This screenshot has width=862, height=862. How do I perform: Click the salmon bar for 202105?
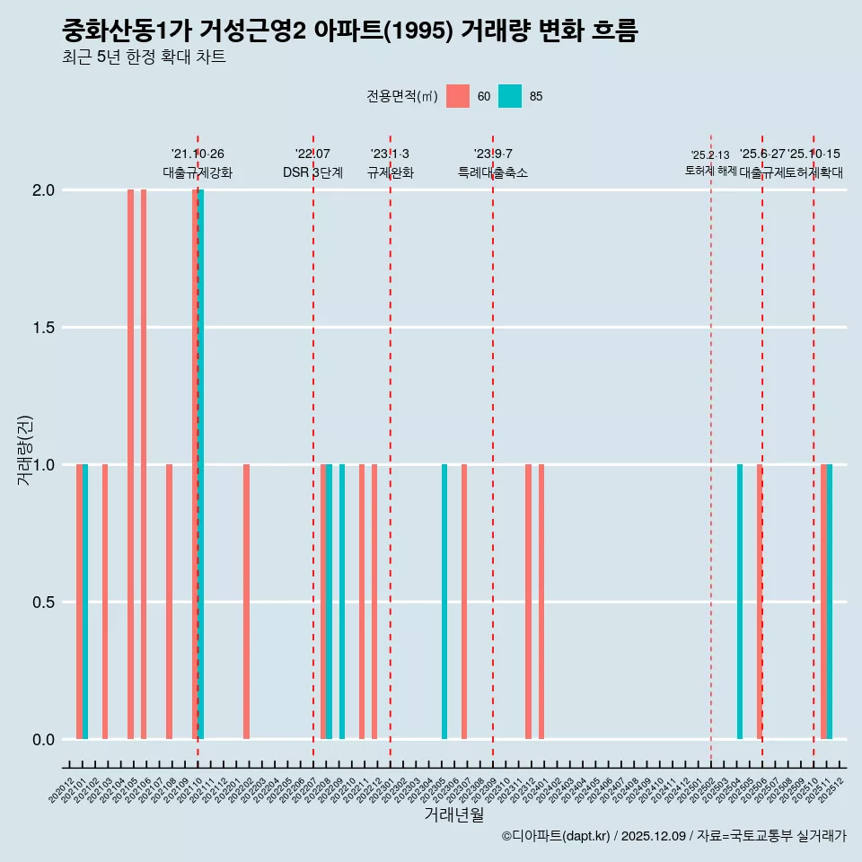(x=130, y=464)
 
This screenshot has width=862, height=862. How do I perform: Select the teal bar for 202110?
(x=201, y=464)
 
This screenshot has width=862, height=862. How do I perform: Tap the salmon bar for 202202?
(x=246, y=602)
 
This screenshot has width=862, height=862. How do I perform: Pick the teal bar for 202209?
(x=342, y=602)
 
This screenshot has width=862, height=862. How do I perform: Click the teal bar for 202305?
(x=444, y=602)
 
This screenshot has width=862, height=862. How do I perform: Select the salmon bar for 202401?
(x=541, y=602)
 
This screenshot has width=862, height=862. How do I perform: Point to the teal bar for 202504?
(x=740, y=602)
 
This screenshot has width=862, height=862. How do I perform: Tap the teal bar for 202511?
(x=830, y=602)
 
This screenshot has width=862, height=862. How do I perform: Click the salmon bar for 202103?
(x=105, y=602)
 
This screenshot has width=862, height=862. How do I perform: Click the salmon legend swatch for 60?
(x=458, y=96)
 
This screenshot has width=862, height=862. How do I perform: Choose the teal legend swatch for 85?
(x=510, y=96)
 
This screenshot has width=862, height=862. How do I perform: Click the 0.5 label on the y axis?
(x=43, y=603)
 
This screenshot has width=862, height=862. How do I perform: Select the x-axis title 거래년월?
(x=453, y=815)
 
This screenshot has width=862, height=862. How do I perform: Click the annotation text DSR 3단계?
(x=312, y=172)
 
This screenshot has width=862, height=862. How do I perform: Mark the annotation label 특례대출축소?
(x=493, y=172)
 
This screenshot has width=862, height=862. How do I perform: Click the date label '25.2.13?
(x=710, y=155)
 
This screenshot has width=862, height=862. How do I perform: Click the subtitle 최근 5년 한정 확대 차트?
(x=144, y=57)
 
